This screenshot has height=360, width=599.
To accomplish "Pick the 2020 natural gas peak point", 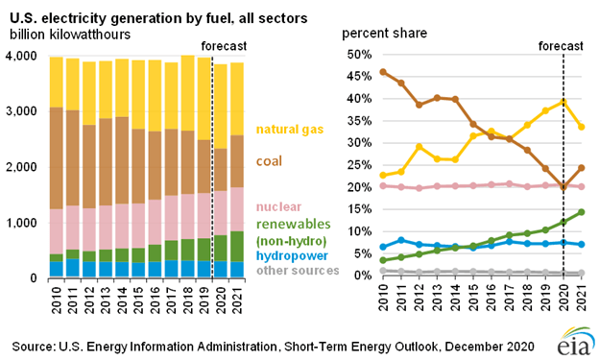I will click(x=563, y=101).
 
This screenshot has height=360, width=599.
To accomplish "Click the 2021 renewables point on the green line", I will click(x=582, y=212).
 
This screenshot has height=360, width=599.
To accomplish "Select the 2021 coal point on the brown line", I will click(x=582, y=168).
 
